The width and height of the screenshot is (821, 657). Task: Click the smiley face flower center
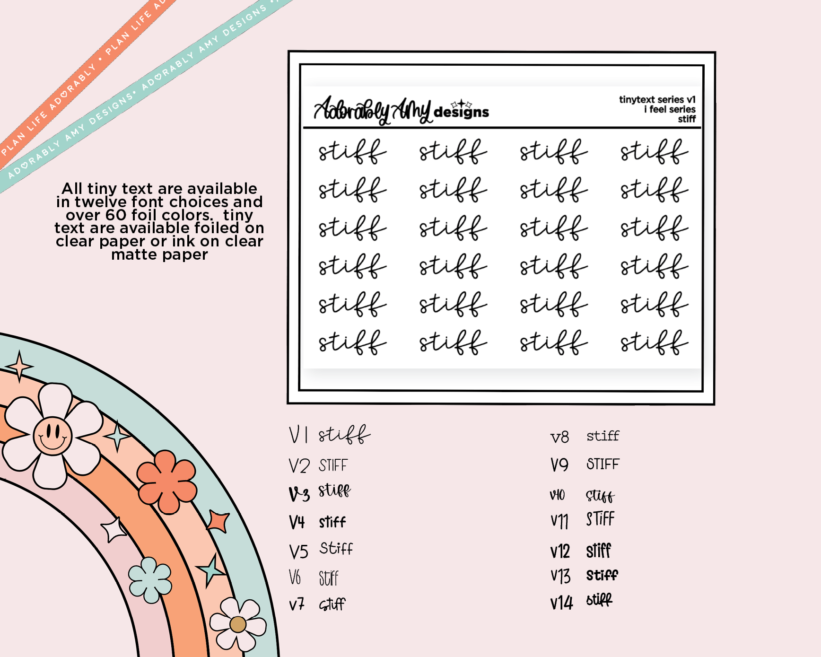(x=52, y=435)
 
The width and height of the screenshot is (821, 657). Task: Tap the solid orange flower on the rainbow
(x=166, y=482)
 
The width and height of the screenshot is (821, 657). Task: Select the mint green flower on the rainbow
(x=150, y=580)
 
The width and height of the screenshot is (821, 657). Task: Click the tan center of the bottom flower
(x=238, y=624)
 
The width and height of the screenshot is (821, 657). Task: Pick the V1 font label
(x=298, y=434)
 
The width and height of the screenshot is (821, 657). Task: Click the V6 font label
(x=295, y=578)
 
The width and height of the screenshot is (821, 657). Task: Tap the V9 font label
(x=559, y=464)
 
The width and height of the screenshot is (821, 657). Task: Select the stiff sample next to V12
(x=599, y=551)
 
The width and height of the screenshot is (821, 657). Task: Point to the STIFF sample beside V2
(x=333, y=465)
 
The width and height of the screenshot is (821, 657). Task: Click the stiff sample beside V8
(x=603, y=436)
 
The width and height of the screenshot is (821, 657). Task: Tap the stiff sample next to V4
(x=332, y=522)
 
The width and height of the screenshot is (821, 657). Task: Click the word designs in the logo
(x=461, y=112)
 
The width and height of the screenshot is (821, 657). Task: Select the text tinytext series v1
(x=657, y=99)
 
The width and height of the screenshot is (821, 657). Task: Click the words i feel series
(x=669, y=109)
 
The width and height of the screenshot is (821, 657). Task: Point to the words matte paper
(x=159, y=255)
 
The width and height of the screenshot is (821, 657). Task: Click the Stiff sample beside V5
(x=336, y=548)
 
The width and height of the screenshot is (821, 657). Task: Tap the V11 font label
(x=559, y=521)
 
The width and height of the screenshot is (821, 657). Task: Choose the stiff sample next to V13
(x=602, y=575)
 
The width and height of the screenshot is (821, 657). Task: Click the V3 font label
(x=299, y=494)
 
